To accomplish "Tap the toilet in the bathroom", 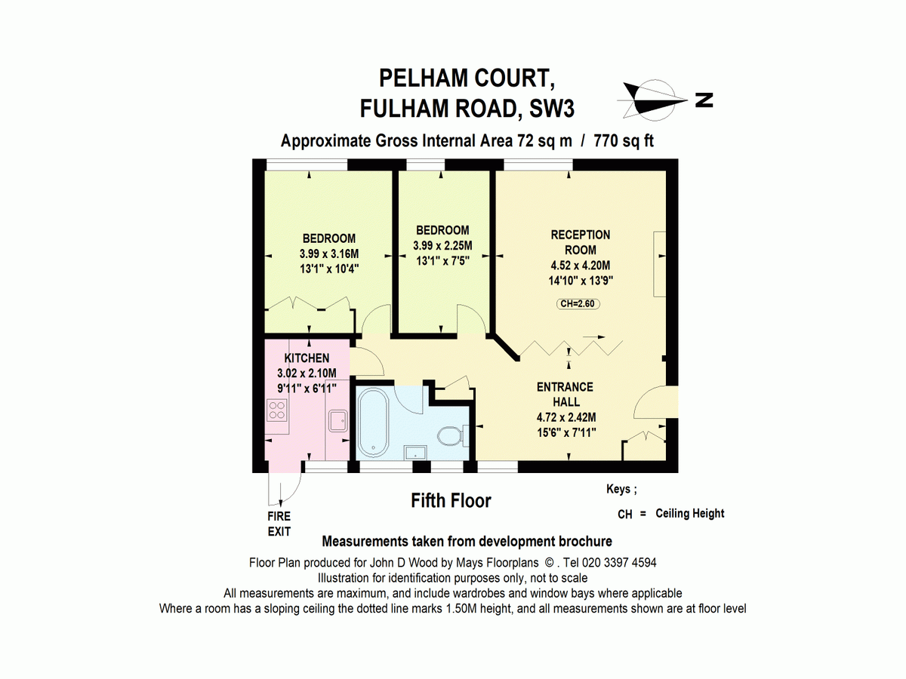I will tap(450, 436).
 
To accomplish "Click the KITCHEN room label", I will tap(307, 358).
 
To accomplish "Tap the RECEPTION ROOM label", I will tap(580, 242).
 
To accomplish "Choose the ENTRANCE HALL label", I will tap(565, 395).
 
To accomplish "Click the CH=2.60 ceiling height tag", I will tap(580, 304).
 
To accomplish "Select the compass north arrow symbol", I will tap(653, 100).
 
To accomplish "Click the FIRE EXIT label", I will tap(279, 524).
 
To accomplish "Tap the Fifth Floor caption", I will tap(451, 500).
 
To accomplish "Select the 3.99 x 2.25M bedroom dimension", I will tap(442, 245).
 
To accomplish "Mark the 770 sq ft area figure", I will tap(624, 141).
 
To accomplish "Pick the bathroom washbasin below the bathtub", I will tap(415, 452).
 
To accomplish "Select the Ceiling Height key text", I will tap(689, 514).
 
